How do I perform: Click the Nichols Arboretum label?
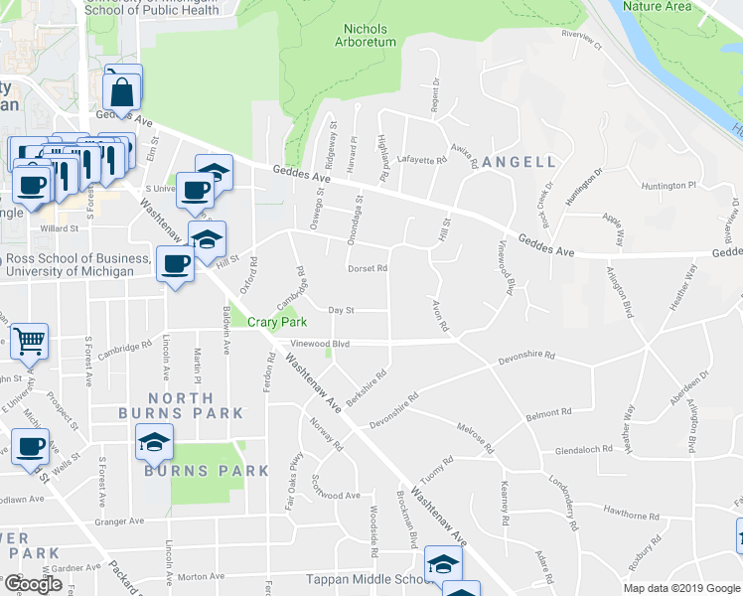(370, 36)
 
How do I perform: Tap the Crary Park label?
(277, 321)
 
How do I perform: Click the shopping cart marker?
(30, 342)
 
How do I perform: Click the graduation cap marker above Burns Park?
(154, 441)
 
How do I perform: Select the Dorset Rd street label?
(367, 268)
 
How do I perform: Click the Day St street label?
(342, 311)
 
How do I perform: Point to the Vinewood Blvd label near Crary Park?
(320, 344)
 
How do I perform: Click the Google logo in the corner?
(33, 583)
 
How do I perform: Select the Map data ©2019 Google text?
(682, 588)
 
